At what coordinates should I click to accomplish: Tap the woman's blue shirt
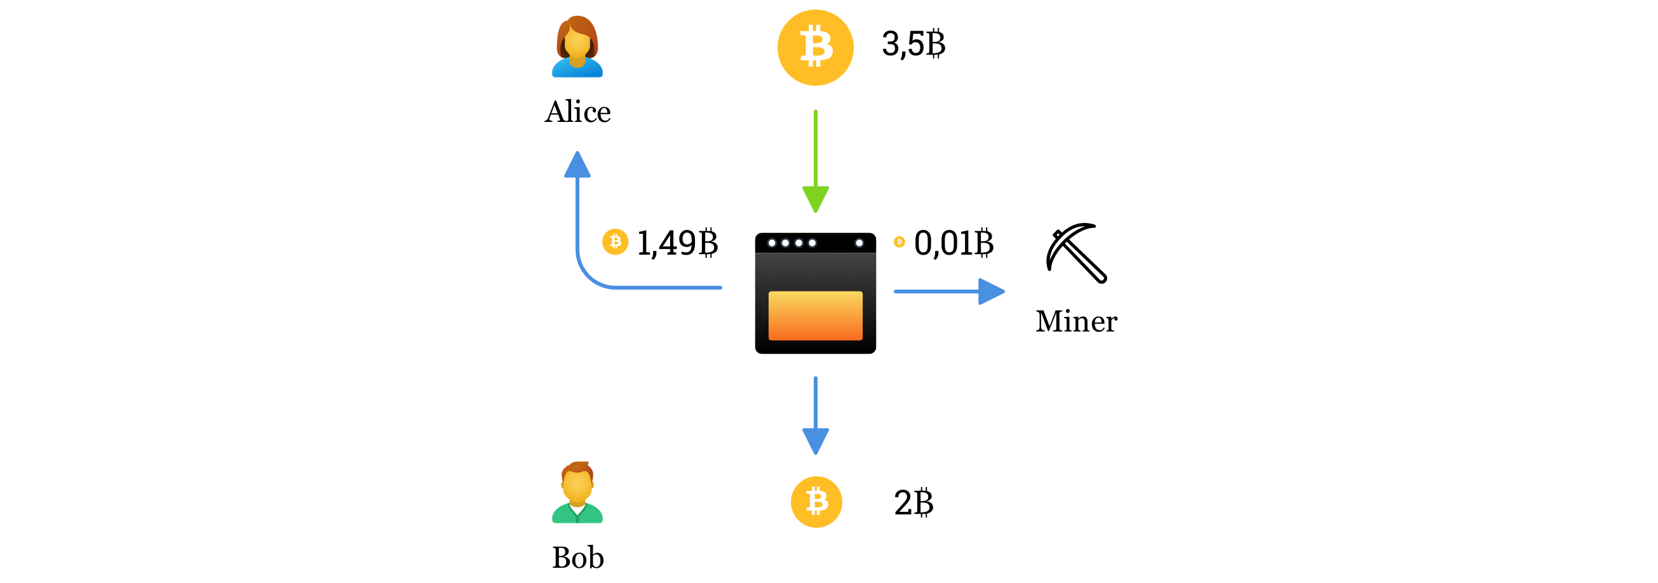pos(577,70)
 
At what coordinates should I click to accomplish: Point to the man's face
pos(577,486)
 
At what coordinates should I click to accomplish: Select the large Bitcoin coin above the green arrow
pos(816,47)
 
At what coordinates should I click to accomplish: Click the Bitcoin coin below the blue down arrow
pos(816,501)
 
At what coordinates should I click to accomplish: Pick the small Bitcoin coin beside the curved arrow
pos(616,241)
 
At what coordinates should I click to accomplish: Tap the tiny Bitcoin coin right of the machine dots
pos(899,242)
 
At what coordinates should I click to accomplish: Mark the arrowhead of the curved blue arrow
pos(577,165)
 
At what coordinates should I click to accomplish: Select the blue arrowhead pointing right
pos(991,291)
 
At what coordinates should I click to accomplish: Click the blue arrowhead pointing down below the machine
pos(816,441)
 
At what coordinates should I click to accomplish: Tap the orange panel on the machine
pos(816,315)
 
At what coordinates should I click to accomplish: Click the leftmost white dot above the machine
pos(772,243)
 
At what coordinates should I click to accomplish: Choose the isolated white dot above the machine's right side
pos(859,243)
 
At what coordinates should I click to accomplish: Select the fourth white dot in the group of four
pos(812,243)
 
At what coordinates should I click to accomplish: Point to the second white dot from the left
pos(785,243)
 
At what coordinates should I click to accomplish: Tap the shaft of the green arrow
pos(816,148)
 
